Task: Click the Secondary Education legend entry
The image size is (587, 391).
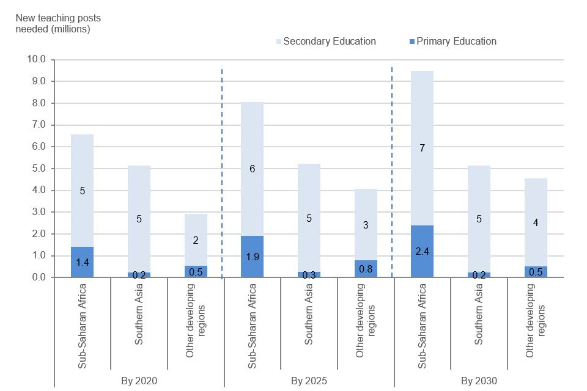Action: pos(329,42)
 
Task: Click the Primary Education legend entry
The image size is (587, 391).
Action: pos(456,42)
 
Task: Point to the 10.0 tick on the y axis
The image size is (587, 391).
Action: pos(37,60)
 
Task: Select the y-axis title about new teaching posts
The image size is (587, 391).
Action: pos(53,23)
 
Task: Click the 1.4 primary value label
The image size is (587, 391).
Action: pos(83,262)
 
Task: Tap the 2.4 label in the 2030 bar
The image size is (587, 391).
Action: pos(423,250)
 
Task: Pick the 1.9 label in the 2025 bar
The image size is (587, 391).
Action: pos(253,256)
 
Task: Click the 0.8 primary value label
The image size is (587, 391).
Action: pos(366,268)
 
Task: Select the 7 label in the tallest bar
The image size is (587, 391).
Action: pos(423,148)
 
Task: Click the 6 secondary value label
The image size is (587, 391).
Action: pos(253,169)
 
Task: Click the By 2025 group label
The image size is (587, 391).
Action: pos(309,381)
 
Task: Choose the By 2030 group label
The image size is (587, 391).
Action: pos(479,381)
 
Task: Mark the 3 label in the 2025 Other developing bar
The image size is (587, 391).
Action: pos(366,225)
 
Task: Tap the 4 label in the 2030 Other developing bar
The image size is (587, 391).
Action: pos(536,222)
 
